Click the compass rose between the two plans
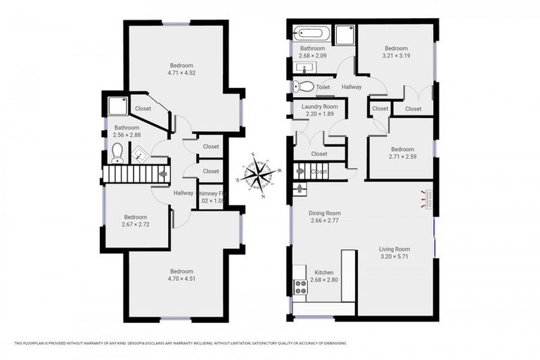261,174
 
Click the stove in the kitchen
300,286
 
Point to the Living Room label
394,249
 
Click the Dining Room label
325,213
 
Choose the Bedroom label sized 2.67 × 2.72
136,217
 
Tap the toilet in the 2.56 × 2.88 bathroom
117,153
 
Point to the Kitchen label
324,272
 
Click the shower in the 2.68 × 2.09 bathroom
345,33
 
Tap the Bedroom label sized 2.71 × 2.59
402,149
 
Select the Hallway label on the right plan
352,86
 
